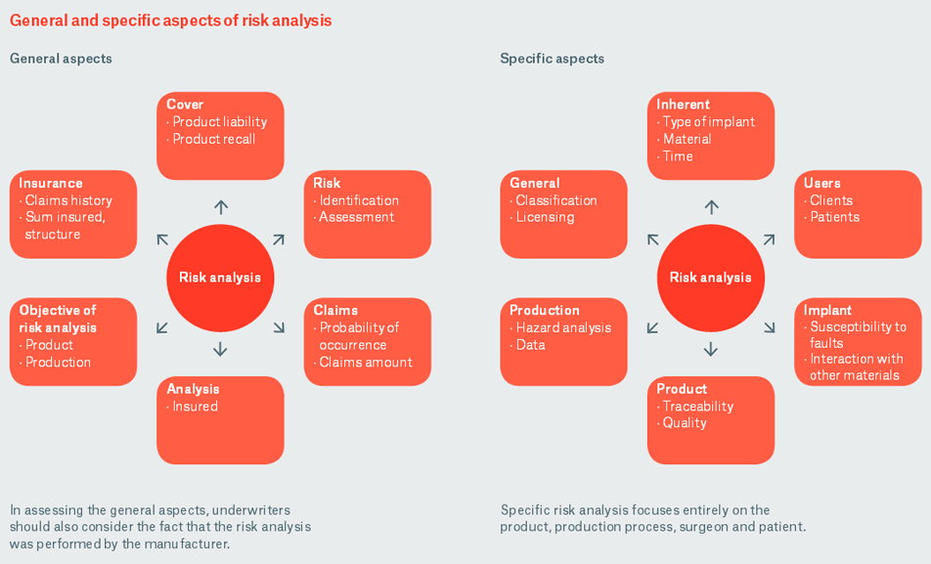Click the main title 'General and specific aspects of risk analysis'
point(170,21)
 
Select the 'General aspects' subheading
point(61,59)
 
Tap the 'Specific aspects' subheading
point(552,59)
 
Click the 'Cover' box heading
point(185,105)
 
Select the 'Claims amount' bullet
point(365,363)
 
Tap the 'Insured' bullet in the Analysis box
point(195,407)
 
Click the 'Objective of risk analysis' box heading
point(58,319)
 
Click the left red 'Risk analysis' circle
point(220,278)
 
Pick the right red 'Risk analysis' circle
point(710,278)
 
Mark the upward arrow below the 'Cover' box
point(221,207)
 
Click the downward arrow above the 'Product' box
point(711,349)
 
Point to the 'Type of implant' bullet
point(708,122)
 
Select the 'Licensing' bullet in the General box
point(546,217)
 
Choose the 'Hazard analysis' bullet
point(562,327)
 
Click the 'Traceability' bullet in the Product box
point(697,407)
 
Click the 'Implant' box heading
point(827,311)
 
